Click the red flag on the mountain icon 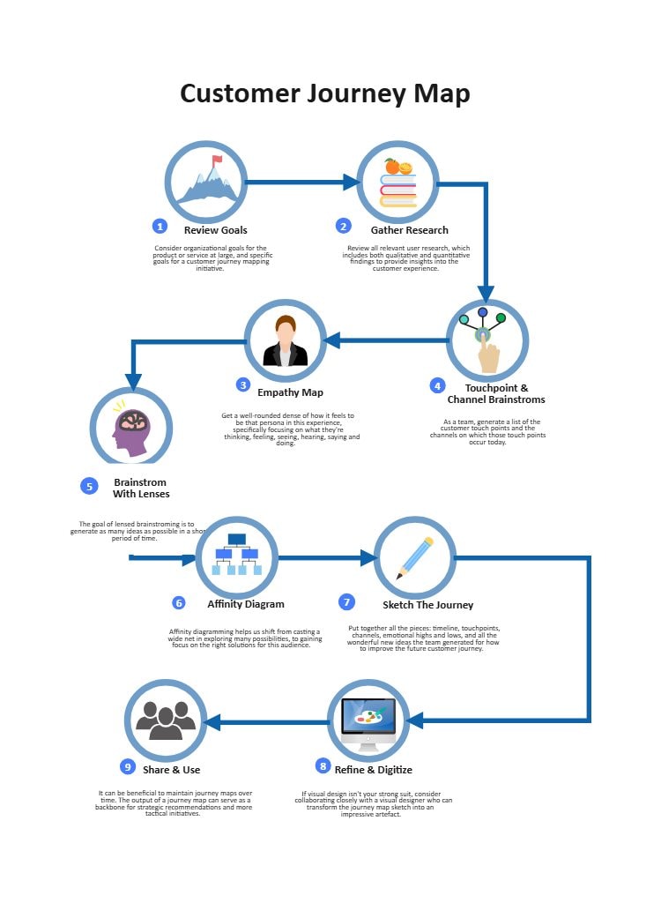tap(217, 160)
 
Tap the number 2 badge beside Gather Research tap(344, 227)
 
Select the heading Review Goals tap(215, 230)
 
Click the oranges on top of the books tap(397, 167)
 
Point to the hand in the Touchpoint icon tap(487, 354)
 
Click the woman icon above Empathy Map tap(285, 343)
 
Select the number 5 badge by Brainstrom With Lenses tap(88, 487)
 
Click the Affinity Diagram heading tap(246, 605)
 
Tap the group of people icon tap(166, 720)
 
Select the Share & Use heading tap(172, 770)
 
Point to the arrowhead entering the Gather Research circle tap(352, 183)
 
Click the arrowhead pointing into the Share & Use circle tap(212, 722)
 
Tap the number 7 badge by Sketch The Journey tap(347, 602)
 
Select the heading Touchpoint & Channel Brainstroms tap(496, 393)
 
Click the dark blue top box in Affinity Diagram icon tap(237, 539)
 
